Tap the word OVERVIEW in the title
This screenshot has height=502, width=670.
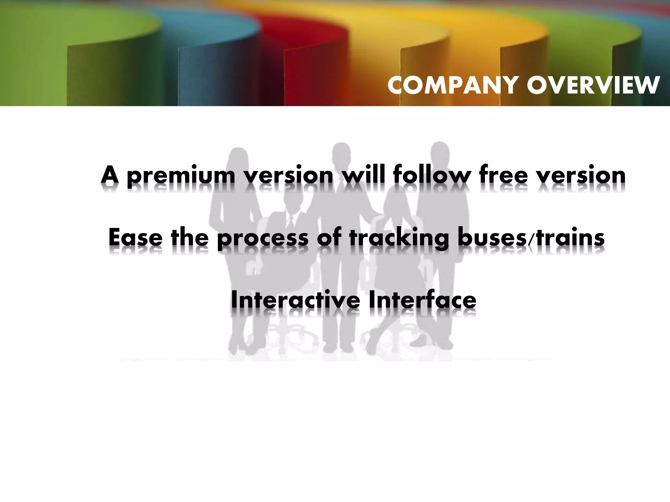[593, 85]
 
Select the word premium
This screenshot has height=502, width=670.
[181, 176]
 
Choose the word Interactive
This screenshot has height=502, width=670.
[295, 300]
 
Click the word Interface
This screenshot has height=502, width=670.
[422, 300]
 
